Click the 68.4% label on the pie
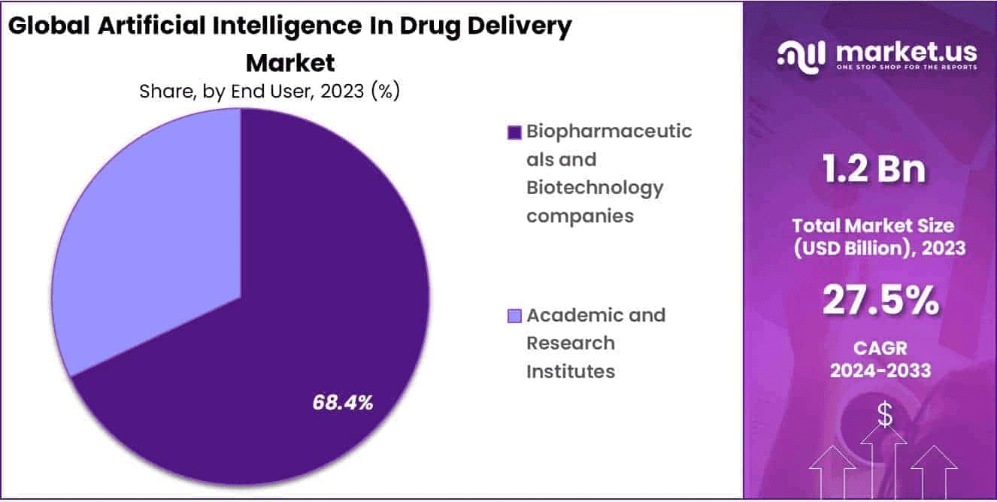click(x=343, y=403)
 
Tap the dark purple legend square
click(x=514, y=133)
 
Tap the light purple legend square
click(x=514, y=316)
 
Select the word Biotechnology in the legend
click(x=595, y=187)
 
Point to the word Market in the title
click(x=290, y=61)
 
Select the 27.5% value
click(x=880, y=301)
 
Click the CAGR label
click(x=880, y=348)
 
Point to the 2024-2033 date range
click(x=880, y=370)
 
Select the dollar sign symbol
click(x=885, y=415)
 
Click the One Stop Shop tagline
click(x=906, y=68)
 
